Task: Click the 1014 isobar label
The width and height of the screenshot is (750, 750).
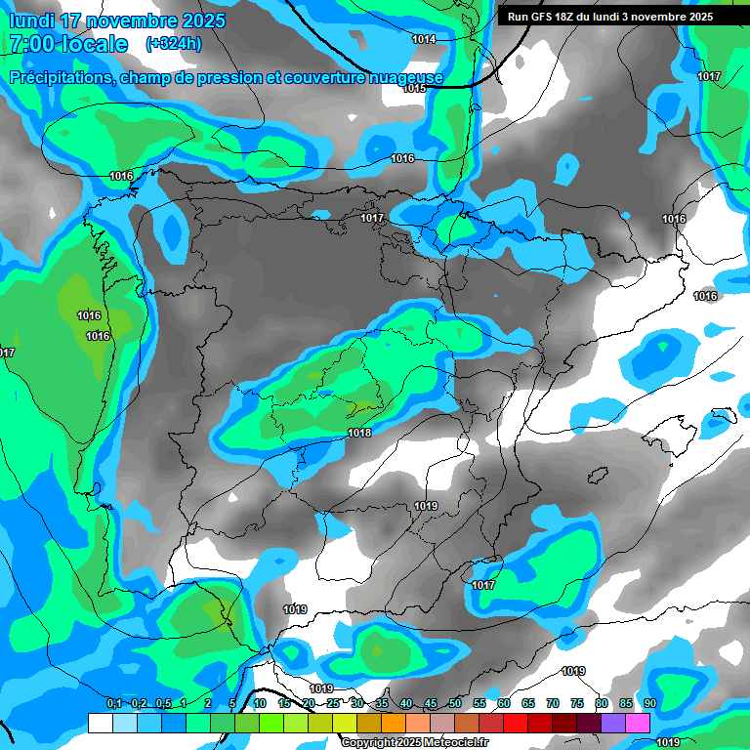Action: [x=424, y=39]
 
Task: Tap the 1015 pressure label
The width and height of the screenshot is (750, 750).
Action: [x=414, y=88]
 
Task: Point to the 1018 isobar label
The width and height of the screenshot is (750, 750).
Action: [x=359, y=433]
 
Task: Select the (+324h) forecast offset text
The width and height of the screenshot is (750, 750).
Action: [x=174, y=44]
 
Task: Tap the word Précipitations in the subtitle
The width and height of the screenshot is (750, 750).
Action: [x=62, y=77]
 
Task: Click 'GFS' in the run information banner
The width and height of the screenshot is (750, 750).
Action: [x=545, y=17]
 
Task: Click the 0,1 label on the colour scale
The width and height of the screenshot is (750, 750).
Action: [x=113, y=704]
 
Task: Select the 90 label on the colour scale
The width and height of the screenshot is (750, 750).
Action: [x=650, y=704]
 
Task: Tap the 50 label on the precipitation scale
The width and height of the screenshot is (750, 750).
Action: [x=455, y=704]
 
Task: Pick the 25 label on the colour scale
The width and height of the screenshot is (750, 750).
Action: [x=333, y=704]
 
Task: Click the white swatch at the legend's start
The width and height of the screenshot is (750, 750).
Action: [x=100, y=723]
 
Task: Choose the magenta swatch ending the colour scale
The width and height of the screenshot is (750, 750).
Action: [x=638, y=723]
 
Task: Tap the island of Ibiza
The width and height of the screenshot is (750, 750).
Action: [x=596, y=476]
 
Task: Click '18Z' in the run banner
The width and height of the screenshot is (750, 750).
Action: [x=567, y=17]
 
